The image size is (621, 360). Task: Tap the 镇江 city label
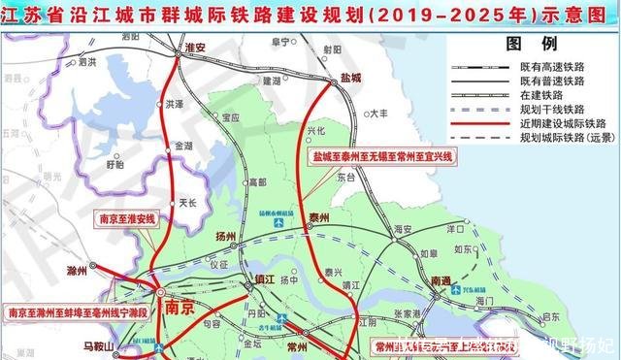[x=265, y=281]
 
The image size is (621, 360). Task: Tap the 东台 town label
[x=346, y=179]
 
